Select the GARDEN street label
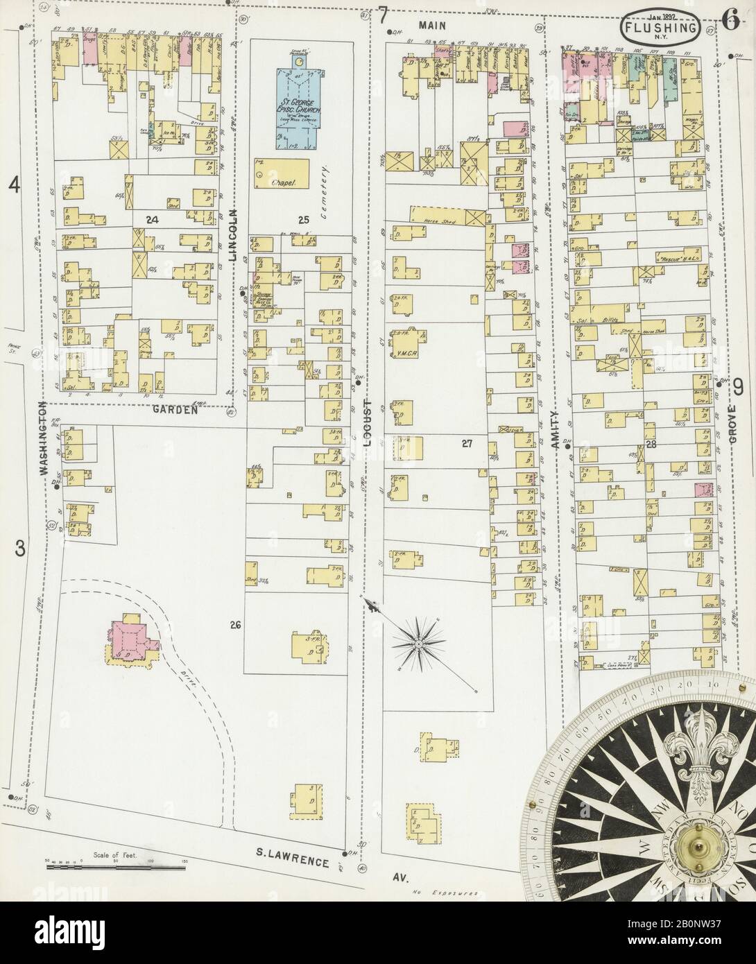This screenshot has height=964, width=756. click(173, 409)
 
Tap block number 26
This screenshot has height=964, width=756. click(235, 625)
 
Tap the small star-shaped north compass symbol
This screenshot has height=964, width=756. click(419, 644)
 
